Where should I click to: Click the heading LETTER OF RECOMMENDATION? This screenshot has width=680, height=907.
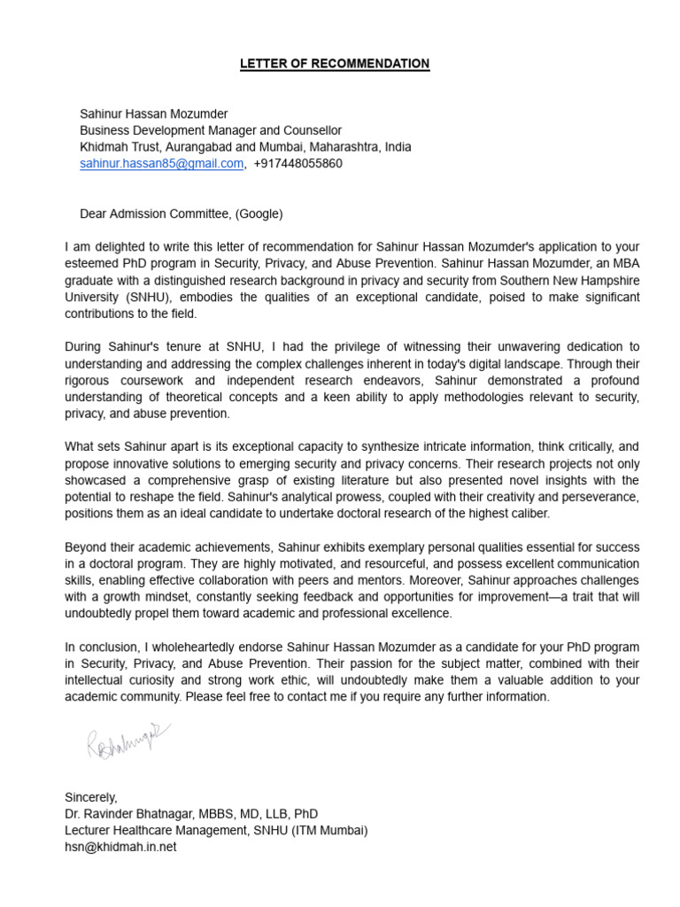coord(336,64)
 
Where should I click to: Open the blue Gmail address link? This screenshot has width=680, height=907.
coord(161,164)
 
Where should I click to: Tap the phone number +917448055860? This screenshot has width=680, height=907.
coord(297,164)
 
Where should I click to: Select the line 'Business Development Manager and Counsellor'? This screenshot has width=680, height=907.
coord(211,130)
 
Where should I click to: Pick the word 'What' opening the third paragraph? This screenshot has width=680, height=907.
coord(80,446)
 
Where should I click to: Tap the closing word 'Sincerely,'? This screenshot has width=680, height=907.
coord(91,797)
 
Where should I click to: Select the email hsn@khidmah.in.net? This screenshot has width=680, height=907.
coord(120,847)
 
